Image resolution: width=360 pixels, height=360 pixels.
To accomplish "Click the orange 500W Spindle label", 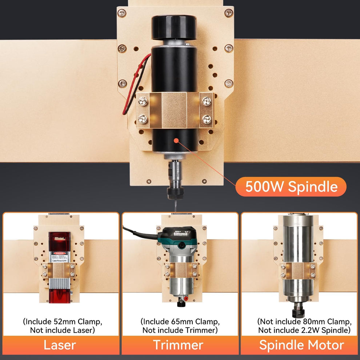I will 291,187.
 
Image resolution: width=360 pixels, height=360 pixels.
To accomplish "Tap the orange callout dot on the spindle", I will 176,140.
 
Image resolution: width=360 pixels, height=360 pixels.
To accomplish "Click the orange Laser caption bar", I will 61,345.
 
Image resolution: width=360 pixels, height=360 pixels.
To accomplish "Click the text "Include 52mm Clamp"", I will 62,322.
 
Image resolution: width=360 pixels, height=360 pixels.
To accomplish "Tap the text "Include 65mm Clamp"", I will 180,322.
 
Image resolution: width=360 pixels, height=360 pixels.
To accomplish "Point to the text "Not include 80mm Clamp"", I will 304,322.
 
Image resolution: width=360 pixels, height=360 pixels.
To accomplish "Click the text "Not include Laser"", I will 62,330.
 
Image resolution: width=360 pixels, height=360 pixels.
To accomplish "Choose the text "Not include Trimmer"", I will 180,330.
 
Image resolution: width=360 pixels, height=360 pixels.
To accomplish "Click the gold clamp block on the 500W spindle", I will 174,110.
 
